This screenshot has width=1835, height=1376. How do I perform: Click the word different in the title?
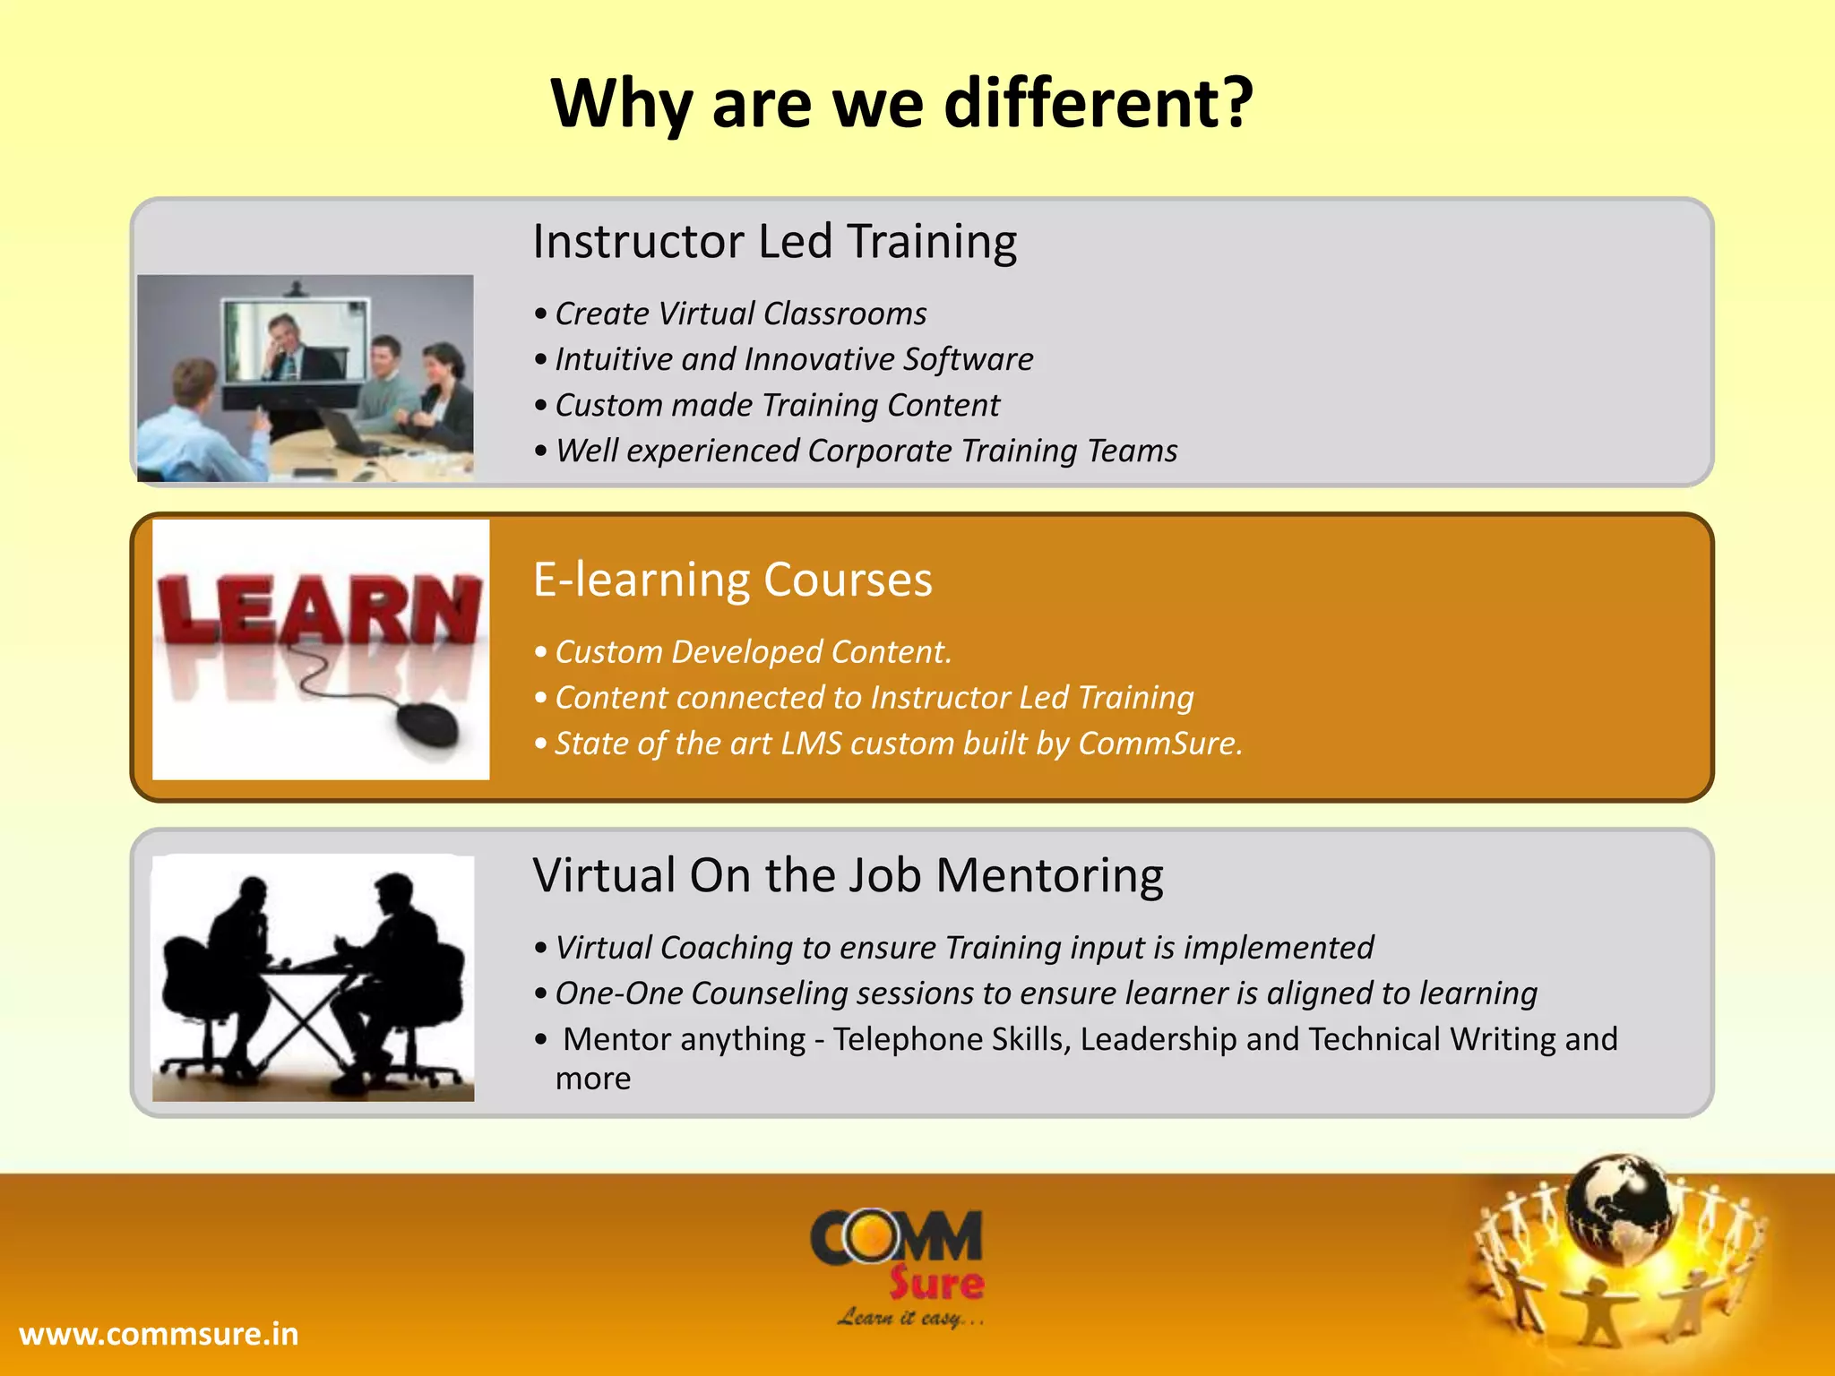[1098, 103]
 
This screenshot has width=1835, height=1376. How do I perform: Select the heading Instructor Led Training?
[774, 242]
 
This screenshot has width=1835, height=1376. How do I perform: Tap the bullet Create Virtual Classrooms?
[740, 314]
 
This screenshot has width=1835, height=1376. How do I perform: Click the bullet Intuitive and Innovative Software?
[794, 359]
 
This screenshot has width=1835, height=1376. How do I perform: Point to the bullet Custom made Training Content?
[777, 405]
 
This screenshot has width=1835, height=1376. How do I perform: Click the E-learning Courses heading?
[732, 580]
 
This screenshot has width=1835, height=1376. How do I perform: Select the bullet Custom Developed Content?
[753, 652]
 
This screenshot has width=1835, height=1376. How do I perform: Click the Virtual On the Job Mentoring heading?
[848, 875]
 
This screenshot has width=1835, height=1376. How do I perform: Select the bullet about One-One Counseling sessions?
[1046, 993]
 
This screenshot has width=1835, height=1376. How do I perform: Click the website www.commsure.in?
[159, 1334]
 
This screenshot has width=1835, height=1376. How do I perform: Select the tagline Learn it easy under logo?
[909, 1318]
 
